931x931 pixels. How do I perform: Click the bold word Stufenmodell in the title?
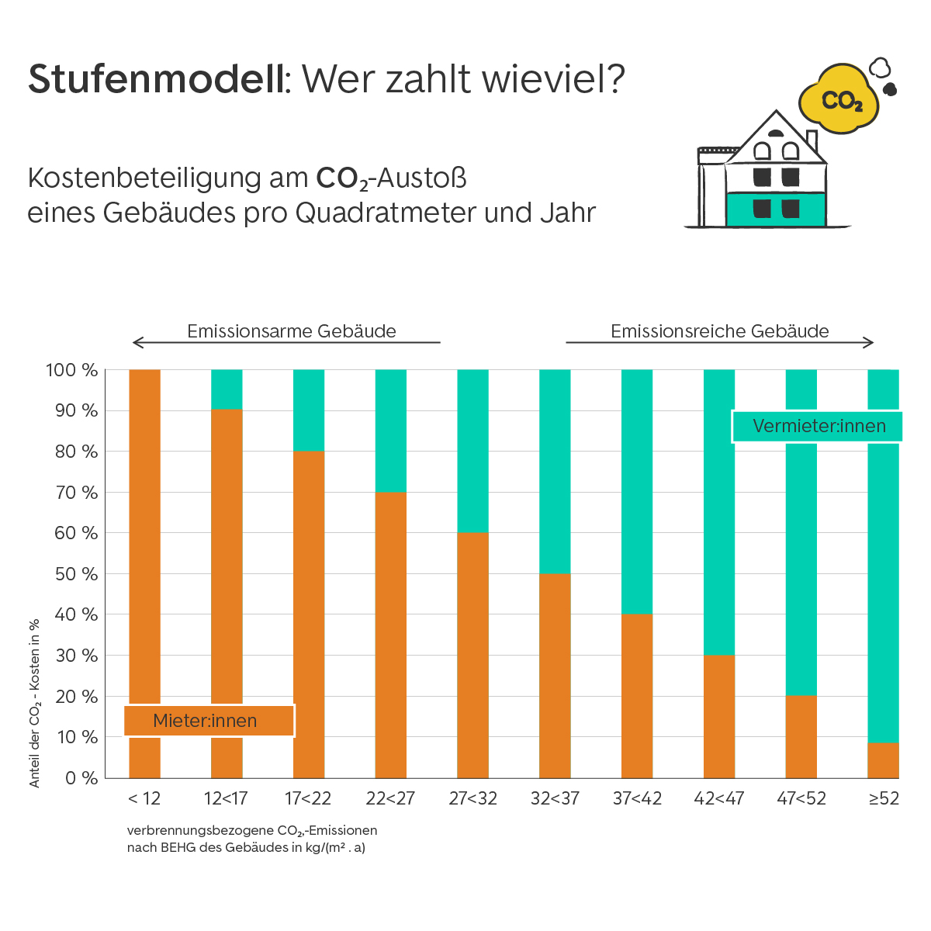point(155,79)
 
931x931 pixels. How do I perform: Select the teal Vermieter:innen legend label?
point(818,426)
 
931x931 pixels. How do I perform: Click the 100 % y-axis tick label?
point(72,370)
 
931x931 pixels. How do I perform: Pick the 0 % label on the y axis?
point(81,778)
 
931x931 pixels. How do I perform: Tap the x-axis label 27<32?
point(472,798)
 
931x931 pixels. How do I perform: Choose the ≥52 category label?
point(884,798)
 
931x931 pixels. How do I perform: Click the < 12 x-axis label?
point(144,798)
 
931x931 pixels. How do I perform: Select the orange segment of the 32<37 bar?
point(555,675)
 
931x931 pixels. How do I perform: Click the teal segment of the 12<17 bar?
point(227,389)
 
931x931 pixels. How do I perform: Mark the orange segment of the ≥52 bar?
point(883,760)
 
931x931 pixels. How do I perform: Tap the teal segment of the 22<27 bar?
point(390,431)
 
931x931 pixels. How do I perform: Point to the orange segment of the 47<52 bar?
point(801,736)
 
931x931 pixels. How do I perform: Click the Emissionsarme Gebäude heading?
point(292,331)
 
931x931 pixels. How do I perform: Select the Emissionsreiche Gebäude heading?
point(719,331)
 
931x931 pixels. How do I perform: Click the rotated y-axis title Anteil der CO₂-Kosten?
point(35,702)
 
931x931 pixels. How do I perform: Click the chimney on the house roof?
point(812,141)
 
